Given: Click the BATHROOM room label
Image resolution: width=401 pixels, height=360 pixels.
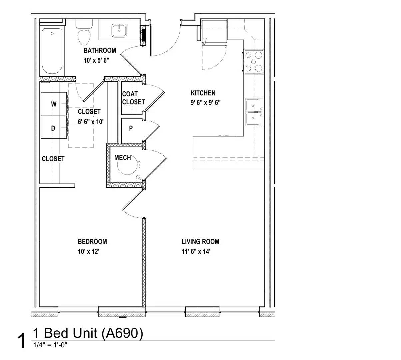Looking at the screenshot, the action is tap(100, 50).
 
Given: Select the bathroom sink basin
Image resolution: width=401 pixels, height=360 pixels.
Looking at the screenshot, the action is tap(119, 30).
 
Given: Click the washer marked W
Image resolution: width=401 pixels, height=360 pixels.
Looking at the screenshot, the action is tap(54, 104).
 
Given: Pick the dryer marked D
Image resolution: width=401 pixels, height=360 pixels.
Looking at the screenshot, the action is tap(54, 127).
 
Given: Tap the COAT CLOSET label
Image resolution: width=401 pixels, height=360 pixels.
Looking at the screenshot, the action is tap(133, 98).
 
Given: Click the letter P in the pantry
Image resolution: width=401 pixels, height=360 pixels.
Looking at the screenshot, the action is tap(131, 128).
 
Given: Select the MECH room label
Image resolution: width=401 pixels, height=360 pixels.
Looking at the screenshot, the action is tap(123, 158).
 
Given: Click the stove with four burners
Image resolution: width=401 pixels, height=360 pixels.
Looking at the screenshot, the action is tap(254, 62).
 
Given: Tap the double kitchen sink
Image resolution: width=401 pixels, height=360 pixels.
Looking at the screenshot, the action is tap(254, 112).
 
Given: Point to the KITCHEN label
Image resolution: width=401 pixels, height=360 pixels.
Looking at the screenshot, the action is tap(203, 93).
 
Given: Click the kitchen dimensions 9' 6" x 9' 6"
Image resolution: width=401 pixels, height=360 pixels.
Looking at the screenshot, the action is tap(205, 103).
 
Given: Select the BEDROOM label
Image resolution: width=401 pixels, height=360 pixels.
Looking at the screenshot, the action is tap(92, 242).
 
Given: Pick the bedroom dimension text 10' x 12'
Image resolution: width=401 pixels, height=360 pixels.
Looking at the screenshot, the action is tap(88, 252).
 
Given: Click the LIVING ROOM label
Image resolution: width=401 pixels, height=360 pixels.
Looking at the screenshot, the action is tap(200, 242).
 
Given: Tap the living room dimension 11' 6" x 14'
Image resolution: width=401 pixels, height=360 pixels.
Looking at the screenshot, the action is tap(196, 252).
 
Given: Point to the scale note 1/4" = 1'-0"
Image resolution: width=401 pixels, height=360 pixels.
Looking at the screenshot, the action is tap(50, 345).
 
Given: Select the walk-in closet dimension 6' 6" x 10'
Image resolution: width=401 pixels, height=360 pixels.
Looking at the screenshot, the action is tap(91, 122).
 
